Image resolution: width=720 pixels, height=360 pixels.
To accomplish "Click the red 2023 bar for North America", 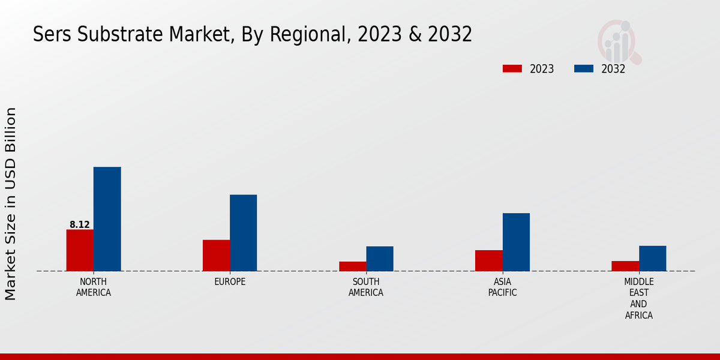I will (80, 250).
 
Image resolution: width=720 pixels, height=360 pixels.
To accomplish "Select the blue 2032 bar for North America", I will (107, 219).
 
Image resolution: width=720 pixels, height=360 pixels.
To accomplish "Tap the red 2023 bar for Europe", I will (216, 256).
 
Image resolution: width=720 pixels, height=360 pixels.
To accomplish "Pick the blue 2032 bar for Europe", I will (243, 233).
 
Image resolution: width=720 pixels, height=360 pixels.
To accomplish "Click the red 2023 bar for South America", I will (352, 266).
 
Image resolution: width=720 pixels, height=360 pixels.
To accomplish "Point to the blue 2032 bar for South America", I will (380, 259).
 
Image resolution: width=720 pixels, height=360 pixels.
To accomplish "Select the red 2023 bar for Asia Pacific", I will (488, 260).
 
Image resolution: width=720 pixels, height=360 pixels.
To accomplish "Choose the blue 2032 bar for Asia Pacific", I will (516, 242).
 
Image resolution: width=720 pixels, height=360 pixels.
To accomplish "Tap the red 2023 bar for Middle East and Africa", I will (625, 266).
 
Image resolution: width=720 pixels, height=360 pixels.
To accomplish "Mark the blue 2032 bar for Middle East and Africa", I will (652, 258).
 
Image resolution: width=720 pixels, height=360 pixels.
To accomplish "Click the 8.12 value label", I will (80, 225).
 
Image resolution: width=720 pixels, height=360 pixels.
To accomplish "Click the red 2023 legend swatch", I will (512, 69).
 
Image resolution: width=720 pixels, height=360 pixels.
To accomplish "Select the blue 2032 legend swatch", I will (584, 69).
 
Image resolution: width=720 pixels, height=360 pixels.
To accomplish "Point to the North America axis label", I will (94, 287).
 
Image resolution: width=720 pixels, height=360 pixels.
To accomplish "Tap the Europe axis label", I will (230, 282).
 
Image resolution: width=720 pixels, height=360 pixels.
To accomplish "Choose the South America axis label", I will (366, 287).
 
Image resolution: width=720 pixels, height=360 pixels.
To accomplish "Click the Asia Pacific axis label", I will (502, 287).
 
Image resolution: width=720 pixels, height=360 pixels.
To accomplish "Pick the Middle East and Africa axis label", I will (639, 298).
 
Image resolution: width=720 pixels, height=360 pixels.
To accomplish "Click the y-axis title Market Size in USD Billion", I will (11, 204).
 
